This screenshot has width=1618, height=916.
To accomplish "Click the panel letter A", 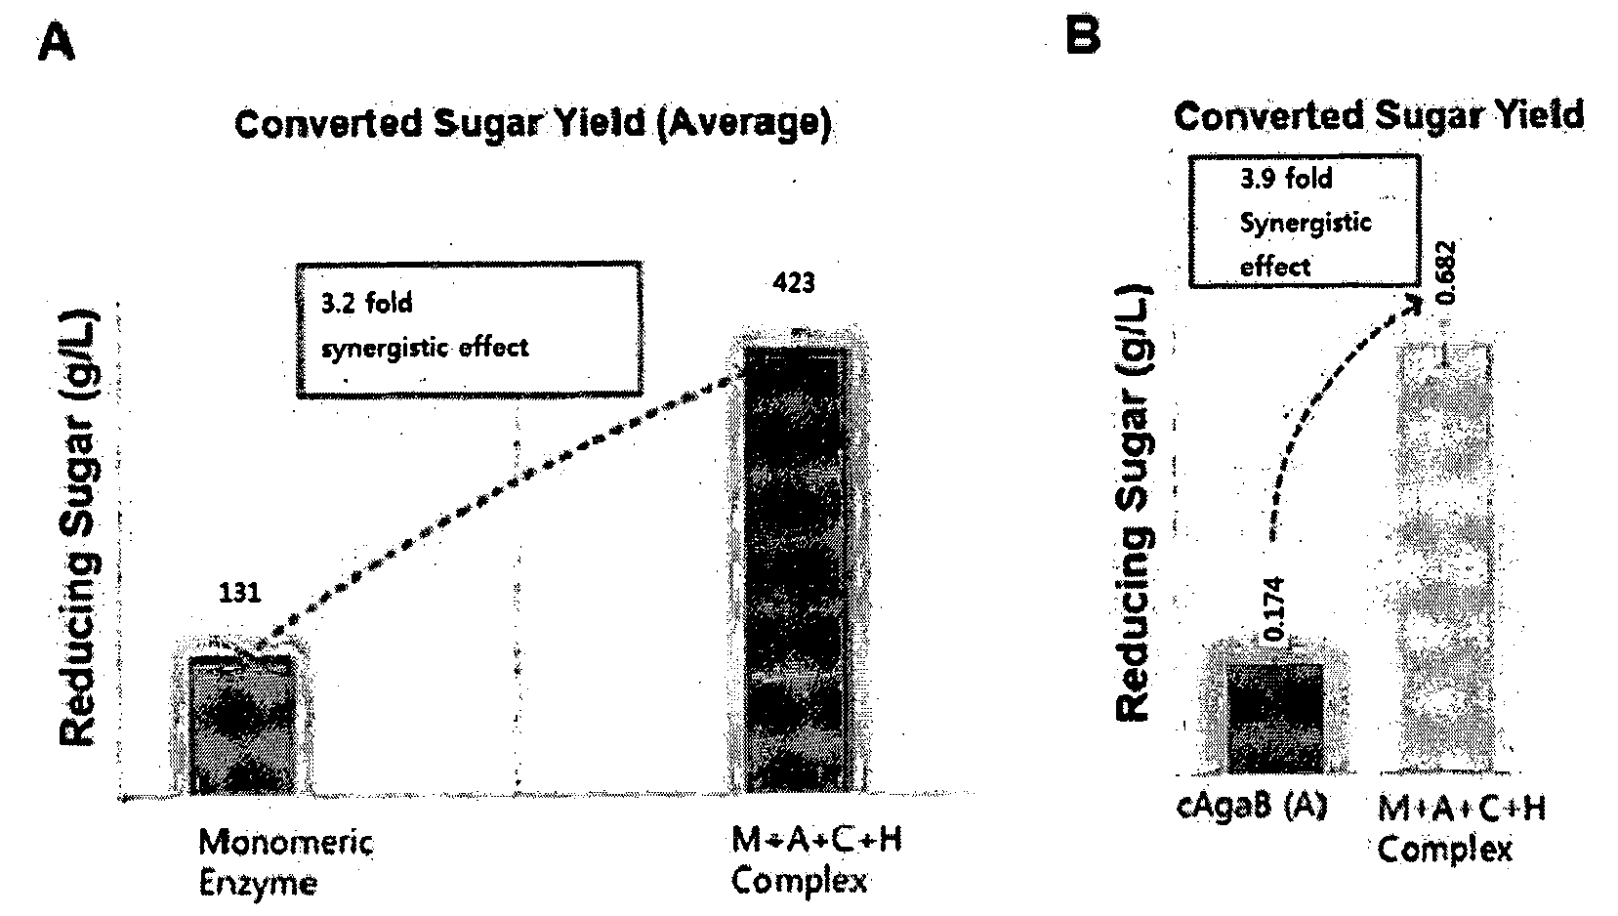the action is pyautogui.click(x=56, y=43).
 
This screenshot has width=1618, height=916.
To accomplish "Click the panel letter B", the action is pyautogui.click(x=1084, y=35).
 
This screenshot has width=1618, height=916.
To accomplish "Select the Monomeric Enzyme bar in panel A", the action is pyautogui.click(x=242, y=725).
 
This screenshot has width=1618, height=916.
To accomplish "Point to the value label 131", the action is pyautogui.click(x=239, y=593).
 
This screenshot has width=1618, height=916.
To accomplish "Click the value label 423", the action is pyautogui.click(x=794, y=283).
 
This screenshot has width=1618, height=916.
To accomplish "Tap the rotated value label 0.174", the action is pyautogui.click(x=1275, y=609).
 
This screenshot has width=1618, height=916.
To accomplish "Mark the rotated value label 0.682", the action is pyautogui.click(x=1446, y=271).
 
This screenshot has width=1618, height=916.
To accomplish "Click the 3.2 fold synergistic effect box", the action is pyautogui.click(x=470, y=329).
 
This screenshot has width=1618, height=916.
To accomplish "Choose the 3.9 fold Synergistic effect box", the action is pyautogui.click(x=1305, y=221).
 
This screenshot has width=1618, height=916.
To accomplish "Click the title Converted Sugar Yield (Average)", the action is pyautogui.click(x=533, y=123).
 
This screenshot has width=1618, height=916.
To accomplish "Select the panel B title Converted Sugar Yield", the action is pyautogui.click(x=1378, y=115).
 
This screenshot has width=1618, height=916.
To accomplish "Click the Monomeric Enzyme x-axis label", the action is pyautogui.click(x=286, y=862).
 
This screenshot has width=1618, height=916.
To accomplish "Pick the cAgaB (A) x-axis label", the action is pyautogui.click(x=1252, y=807).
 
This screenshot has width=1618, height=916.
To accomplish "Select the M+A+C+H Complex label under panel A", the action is pyautogui.click(x=817, y=860).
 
